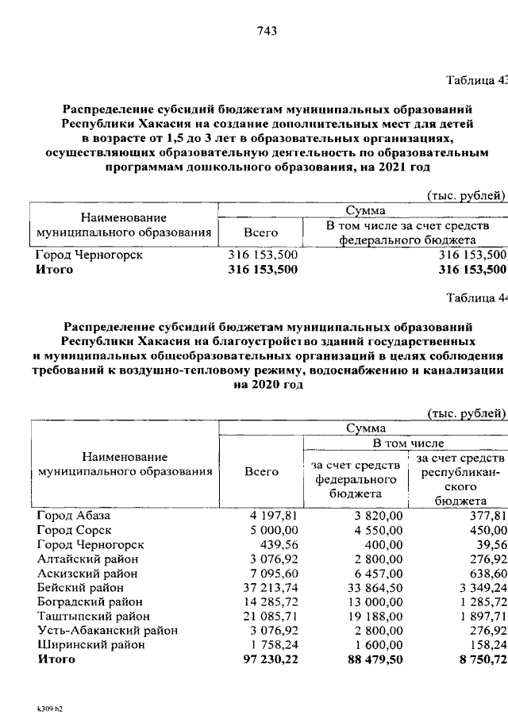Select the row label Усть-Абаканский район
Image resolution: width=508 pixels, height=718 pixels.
point(106,629)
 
